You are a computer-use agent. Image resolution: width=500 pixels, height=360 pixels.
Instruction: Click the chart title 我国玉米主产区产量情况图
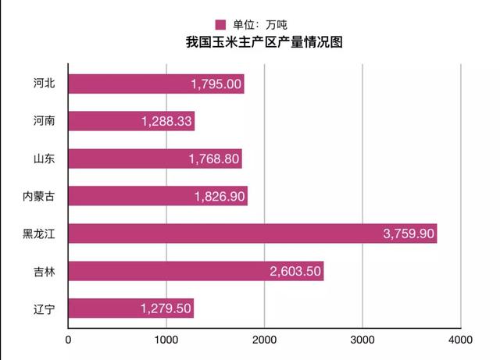tap(263, 42)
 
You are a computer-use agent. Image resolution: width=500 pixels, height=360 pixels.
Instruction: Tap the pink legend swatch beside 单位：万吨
tap(220, 24)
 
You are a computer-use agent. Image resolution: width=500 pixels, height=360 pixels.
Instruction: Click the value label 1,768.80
tap(214, 159)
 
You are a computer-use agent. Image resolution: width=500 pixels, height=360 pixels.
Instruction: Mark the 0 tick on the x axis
tap(69, 340)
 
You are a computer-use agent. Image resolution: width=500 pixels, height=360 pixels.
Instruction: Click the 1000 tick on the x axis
tap(166, 340)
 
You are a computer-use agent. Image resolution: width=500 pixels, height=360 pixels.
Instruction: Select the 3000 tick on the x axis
tap(362, 340)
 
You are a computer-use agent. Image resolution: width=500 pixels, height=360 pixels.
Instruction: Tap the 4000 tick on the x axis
tap(461, 340)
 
